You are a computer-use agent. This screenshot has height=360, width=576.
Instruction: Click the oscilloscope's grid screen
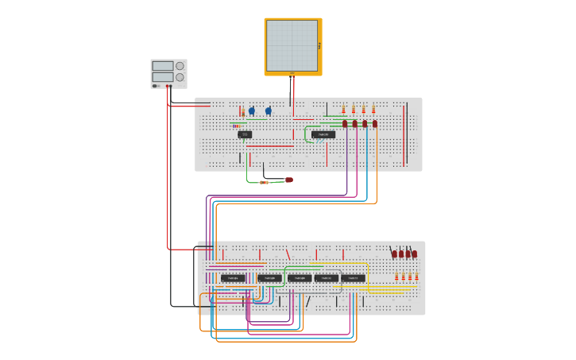292,45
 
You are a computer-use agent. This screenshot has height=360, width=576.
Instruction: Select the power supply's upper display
162,66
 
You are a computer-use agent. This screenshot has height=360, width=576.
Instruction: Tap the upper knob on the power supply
180,66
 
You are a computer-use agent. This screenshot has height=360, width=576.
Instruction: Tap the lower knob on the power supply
180,77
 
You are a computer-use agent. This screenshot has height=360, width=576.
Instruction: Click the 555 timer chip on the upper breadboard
245,134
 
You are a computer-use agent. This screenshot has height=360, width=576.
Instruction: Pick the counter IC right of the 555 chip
323,134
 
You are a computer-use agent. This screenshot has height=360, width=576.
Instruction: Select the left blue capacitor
252,111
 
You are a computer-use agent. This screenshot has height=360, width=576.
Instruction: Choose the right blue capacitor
269,111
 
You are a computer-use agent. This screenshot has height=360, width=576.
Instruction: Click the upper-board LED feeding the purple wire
345,123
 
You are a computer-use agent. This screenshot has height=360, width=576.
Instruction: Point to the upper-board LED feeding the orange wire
375,123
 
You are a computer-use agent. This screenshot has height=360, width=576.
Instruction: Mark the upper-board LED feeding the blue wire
365,123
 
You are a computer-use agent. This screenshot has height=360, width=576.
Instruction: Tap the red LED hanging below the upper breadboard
289,180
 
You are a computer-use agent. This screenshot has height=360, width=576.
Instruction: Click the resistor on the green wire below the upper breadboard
264,182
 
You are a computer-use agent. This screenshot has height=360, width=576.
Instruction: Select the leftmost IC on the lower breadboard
233,278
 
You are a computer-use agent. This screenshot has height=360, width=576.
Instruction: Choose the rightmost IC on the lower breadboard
354,278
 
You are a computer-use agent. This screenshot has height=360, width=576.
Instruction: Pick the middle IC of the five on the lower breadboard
300,278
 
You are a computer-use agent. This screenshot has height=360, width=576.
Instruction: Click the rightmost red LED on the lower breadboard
415,254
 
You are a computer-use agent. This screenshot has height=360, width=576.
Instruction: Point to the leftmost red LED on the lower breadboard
394,254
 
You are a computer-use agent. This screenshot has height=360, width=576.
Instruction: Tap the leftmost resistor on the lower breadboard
396,277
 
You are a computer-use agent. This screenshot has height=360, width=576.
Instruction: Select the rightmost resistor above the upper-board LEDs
373,109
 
